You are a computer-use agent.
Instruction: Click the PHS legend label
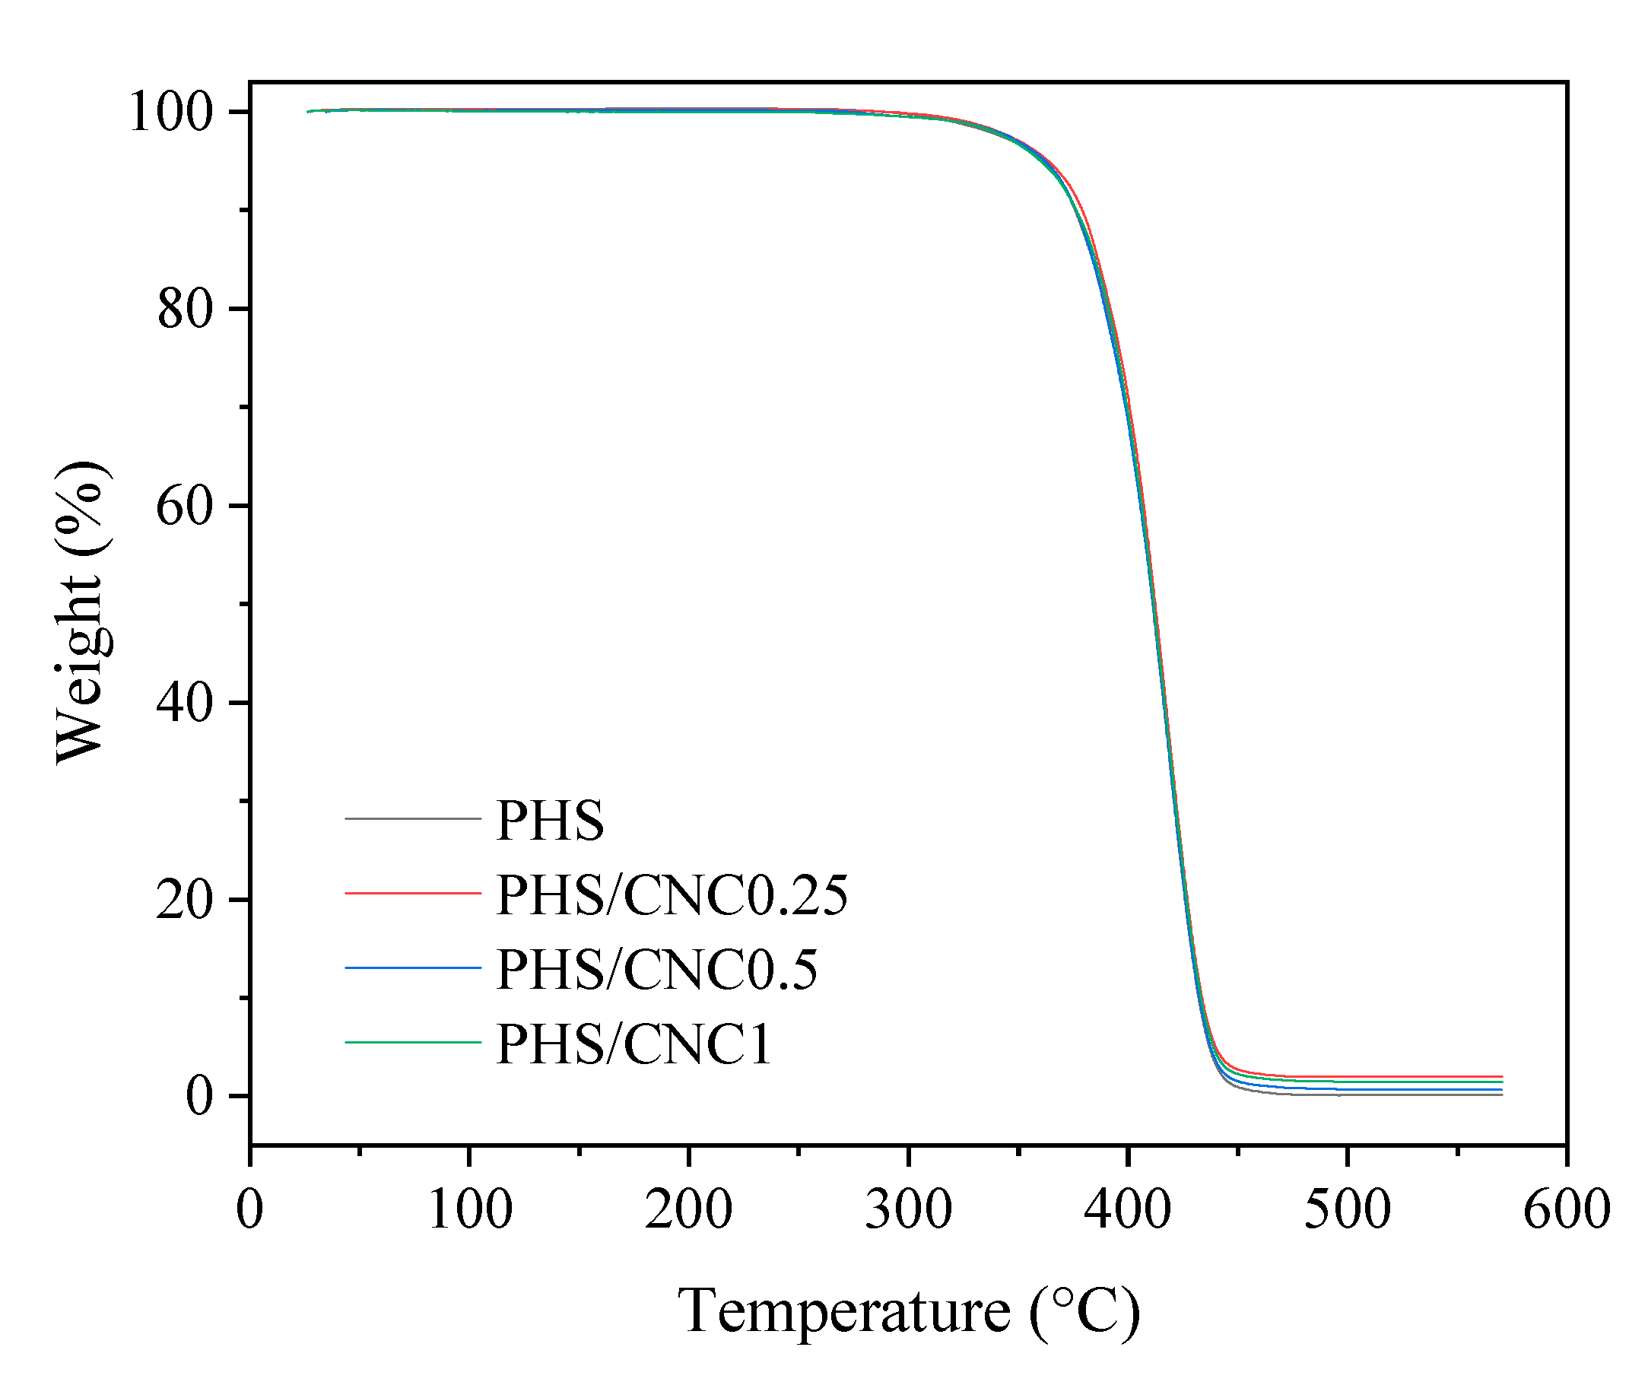549,821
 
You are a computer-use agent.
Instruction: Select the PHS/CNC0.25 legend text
672,895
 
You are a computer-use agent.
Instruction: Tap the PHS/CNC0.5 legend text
657,970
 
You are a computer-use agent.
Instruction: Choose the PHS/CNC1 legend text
634,1044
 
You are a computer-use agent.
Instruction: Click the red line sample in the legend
413,893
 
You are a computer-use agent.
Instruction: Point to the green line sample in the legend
413,1042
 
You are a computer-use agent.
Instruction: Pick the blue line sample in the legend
413,967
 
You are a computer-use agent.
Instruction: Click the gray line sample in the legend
413,818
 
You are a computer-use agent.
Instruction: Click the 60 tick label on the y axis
184,507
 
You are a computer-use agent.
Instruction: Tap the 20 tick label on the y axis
184,900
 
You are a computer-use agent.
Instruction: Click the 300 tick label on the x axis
908,1209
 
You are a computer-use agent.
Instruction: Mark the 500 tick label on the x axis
1347,1209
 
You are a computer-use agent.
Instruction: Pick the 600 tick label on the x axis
1567,1209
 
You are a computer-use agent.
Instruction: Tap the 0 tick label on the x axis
249,1209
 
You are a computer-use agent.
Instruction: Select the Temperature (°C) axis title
908,1312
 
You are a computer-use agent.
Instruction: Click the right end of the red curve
1500,1077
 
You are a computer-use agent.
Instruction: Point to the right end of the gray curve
1500,1094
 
